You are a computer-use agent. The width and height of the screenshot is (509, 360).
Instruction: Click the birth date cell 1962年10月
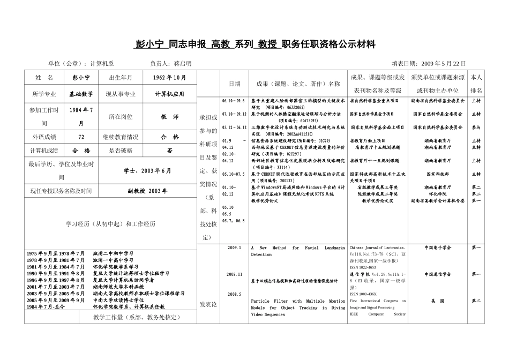(169, 78)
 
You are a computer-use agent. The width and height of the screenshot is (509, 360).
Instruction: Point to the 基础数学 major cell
(80, 94)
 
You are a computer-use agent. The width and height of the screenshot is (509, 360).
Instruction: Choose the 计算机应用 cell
(169, 94)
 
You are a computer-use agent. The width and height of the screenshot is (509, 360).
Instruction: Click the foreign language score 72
(80, 137)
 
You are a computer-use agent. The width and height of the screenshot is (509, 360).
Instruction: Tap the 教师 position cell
(169, 116)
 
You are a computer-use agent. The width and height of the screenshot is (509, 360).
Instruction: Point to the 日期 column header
(235, 84)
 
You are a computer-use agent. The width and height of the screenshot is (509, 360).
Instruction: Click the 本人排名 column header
(476, 84)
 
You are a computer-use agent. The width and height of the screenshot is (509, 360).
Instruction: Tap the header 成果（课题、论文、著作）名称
(298, 84)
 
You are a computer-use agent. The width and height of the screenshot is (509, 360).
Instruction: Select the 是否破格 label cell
(121, 151)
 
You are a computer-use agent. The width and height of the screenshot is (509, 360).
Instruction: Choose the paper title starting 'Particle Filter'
(298, 308)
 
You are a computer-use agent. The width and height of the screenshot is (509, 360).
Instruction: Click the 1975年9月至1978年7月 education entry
(56, 253)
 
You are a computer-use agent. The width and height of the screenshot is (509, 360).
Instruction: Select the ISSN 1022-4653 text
(363, 267)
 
